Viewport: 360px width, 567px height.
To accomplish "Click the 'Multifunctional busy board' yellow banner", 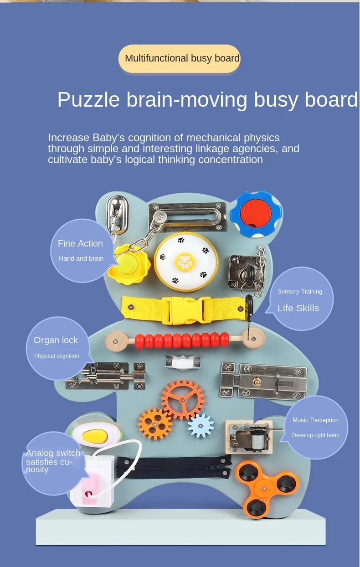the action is pos(179,59).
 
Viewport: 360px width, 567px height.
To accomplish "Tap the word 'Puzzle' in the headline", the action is pos(88,100).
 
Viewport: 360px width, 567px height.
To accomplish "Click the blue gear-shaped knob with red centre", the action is pos(256,214).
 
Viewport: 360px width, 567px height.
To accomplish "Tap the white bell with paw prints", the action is pos(186,262).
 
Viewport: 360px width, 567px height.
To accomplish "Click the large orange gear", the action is pos(183,400).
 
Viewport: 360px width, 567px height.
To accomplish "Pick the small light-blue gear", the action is pos(201,426).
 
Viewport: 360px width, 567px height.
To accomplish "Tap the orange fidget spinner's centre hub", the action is pos(264,488).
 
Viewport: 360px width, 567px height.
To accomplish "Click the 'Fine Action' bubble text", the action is pos(81,243).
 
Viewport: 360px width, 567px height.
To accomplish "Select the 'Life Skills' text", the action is pos(298,308).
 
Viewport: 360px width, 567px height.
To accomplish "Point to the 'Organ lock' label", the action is pos(56,340).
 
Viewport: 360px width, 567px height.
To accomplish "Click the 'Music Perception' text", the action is pos(315,420).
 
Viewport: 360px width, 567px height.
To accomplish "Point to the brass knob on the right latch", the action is pos(257,381).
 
